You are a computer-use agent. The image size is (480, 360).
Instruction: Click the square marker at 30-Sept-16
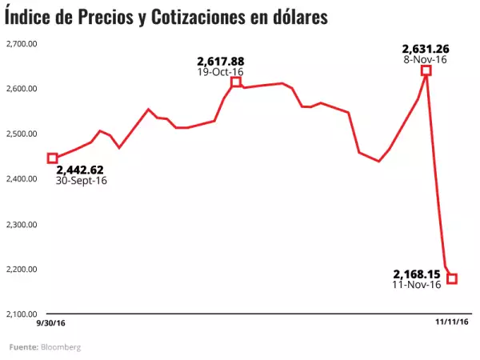click(x=53, y=158)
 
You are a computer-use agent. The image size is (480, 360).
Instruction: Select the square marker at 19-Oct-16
click(x=235, y=82)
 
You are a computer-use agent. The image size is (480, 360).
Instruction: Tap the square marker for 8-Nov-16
click(x=426, y=70)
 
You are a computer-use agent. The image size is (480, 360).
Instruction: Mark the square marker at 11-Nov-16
click(x=452, y=278)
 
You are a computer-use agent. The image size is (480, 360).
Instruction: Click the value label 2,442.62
click(x=82, y=170)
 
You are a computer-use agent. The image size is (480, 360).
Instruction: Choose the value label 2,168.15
click(x=418, y=273)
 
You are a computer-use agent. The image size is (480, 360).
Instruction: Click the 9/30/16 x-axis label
click(x=50, y=322)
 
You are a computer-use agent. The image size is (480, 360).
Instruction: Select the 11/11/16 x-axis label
click(x=451, y=322)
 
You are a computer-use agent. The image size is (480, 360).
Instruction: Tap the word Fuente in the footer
click(x=23, y=347)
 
